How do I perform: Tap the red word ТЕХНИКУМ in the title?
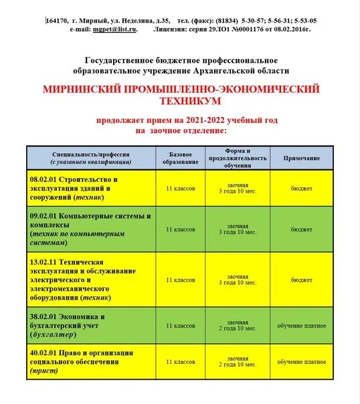(181, 101)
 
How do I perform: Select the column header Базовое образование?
(181, 159)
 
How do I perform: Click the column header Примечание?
(301, 159)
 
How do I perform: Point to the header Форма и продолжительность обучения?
(238, 159)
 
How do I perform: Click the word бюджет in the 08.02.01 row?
(301, 189)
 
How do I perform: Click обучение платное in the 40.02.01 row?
(301, 362)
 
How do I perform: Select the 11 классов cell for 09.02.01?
(181, 229)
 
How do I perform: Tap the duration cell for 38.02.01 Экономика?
(238, 326)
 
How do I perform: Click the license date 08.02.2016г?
(290, 29)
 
